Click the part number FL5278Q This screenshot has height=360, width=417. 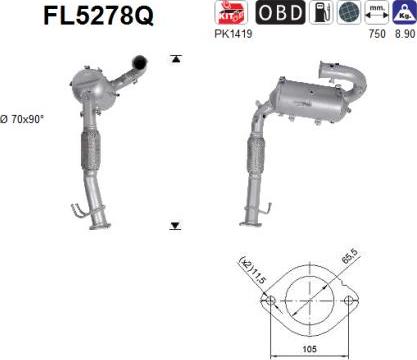(99, 15)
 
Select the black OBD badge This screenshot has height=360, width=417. (280, 13)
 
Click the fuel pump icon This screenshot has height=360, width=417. (321, 13)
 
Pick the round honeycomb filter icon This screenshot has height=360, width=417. (349, 13)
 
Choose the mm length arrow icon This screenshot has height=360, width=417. (377, 13)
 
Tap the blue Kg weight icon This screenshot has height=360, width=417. (404, 13)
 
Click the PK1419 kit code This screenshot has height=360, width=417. (233, 34)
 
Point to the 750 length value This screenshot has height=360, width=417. (377, 34)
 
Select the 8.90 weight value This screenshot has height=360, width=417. (405, 34)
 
